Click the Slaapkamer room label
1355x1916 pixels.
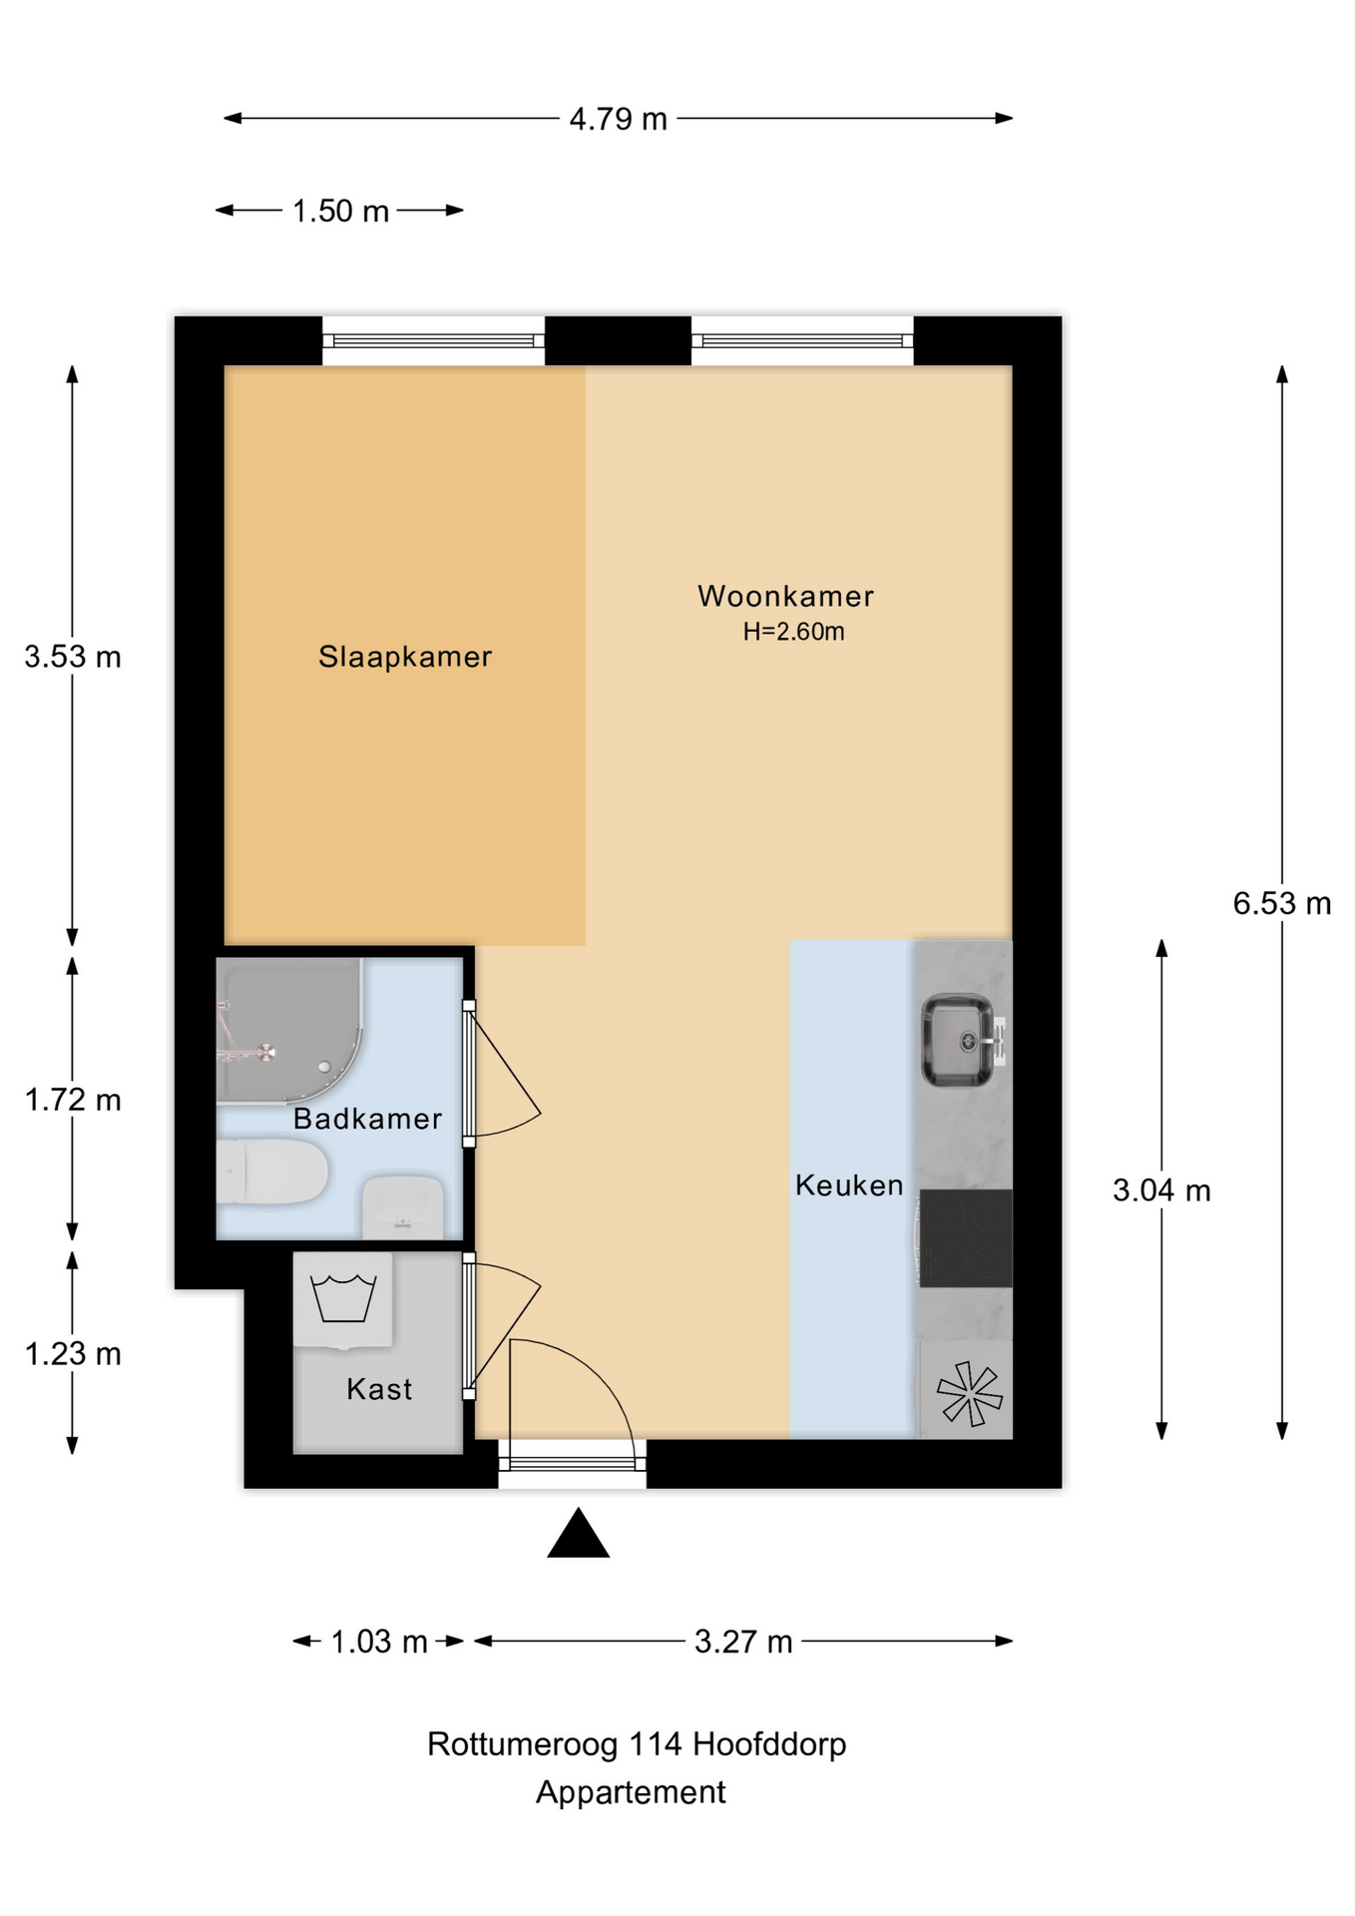405,657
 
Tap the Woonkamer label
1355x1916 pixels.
785,596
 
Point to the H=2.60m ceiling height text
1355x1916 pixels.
793,632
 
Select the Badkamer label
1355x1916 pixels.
367,1119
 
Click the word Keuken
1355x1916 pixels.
849,1186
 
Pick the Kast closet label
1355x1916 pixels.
379,1389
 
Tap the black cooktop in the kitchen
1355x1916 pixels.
965,1238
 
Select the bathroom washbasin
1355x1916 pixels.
402,1205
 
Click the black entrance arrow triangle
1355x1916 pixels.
578,1535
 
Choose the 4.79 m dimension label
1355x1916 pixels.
618,119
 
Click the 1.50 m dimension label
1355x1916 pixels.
340,212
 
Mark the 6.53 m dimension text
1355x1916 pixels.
1281,903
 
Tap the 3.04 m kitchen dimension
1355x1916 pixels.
1161,1191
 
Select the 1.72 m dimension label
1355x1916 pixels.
73,1100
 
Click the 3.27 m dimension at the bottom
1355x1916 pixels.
743,1643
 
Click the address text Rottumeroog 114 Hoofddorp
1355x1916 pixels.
637,1744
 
